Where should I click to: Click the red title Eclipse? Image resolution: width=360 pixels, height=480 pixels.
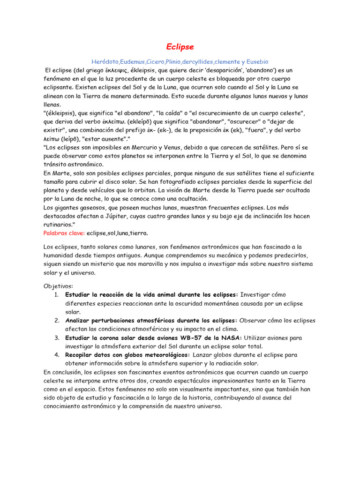(x=180, y=47)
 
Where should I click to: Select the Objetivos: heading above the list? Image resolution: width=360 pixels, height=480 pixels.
(x=59, y=286)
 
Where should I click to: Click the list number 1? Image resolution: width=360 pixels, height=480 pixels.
(x=56, y=294)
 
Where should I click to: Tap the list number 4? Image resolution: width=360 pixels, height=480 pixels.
(x=56, y=355)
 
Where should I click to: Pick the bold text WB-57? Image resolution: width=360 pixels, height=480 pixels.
(x=197, y=337)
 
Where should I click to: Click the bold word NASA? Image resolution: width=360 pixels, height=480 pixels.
(x=229, y=337)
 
